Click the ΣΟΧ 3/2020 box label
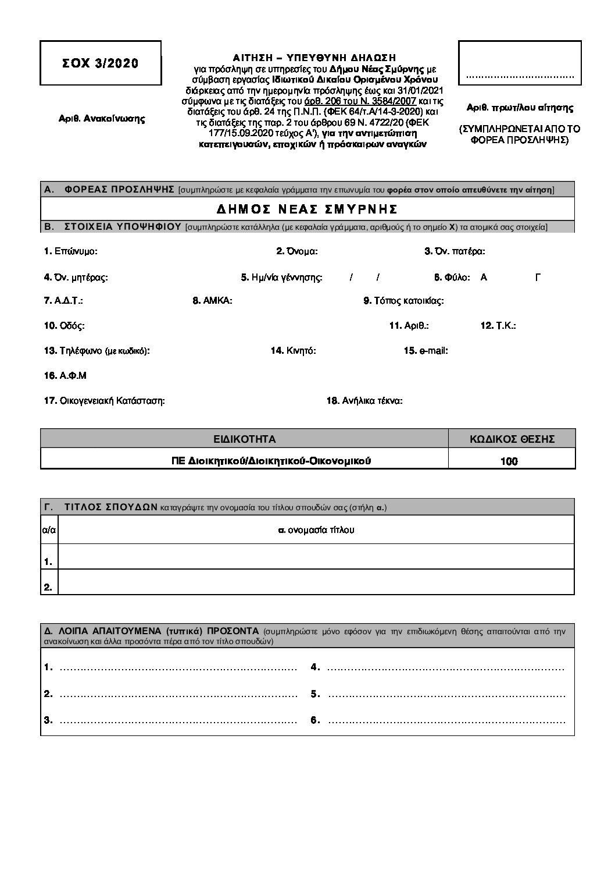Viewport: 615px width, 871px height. point(101,63)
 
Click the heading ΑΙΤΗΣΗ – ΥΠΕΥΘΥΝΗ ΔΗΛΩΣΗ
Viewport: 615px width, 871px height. point(314,58)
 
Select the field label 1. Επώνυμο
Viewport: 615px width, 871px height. point(71,251)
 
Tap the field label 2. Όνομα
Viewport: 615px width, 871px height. point(296,251)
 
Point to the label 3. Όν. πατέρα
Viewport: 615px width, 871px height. point(455,251)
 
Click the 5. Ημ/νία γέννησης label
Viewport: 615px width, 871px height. point(281,278)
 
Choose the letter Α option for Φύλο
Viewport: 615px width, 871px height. point(484,278)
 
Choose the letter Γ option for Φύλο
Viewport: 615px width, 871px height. point(538,278)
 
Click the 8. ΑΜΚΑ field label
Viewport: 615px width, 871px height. point(212,301)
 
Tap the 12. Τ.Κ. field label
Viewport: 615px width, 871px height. point(498,326)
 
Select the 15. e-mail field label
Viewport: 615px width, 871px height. point(426,351)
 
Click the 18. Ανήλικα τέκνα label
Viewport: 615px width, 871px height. point(364,401)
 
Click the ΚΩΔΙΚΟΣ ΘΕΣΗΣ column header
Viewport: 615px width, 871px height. point(512,439)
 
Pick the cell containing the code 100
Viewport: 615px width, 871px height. point(509,461)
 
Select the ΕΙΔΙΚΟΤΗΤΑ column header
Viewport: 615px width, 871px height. point(244,439)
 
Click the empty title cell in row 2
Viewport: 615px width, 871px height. point(317,582)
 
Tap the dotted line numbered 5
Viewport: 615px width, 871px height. point(445,694)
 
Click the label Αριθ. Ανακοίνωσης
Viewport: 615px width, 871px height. point(102,119)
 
